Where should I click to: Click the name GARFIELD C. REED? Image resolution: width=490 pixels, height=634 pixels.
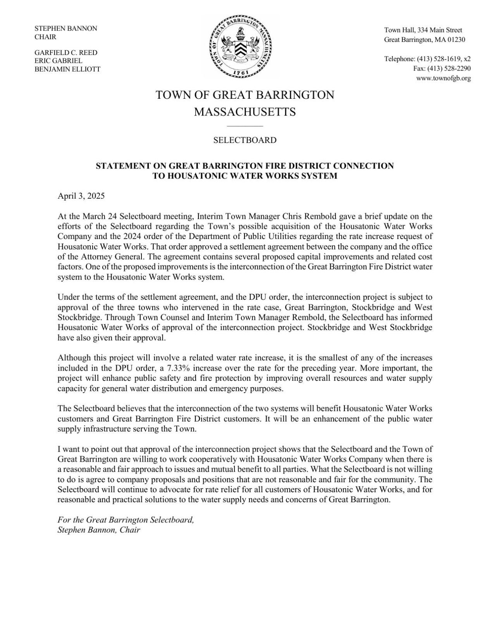tap(66, 53)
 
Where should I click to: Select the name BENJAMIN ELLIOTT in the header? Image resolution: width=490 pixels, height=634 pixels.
tap(67, 69)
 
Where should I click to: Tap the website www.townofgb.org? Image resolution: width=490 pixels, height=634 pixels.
tap(443, 78)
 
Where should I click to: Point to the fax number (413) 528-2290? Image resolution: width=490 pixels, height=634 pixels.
tap(449, 69)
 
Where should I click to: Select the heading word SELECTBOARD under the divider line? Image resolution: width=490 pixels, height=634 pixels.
tap(245, 140)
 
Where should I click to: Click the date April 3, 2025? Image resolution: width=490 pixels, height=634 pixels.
tap(81, 196)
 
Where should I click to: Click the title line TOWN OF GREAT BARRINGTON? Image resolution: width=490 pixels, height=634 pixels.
tap(245, 95)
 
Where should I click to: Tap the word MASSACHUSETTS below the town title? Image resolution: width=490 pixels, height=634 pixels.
tap(245, 112)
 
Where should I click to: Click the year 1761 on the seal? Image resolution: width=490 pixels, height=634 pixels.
tap(241, 72)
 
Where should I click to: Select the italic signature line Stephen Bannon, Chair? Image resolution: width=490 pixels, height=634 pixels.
tap(98, 530)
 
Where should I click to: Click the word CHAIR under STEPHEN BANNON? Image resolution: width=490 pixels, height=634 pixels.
tap(45, 37)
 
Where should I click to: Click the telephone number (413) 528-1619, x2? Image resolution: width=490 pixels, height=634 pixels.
tap(444, 59)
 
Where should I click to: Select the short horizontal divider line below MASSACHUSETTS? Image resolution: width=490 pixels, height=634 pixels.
tap(245, 126)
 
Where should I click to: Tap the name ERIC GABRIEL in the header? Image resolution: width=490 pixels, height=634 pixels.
tap(58, 61)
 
